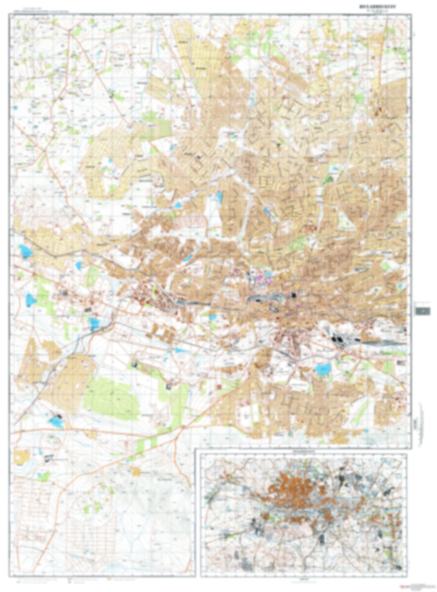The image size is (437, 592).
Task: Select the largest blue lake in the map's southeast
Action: [323, 368]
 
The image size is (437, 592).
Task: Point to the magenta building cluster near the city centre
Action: [263, 279]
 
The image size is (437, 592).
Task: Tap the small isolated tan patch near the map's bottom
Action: [136, 471]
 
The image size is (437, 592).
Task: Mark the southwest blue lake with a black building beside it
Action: [56, 421]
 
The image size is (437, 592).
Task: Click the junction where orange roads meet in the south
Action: [183, 427]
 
